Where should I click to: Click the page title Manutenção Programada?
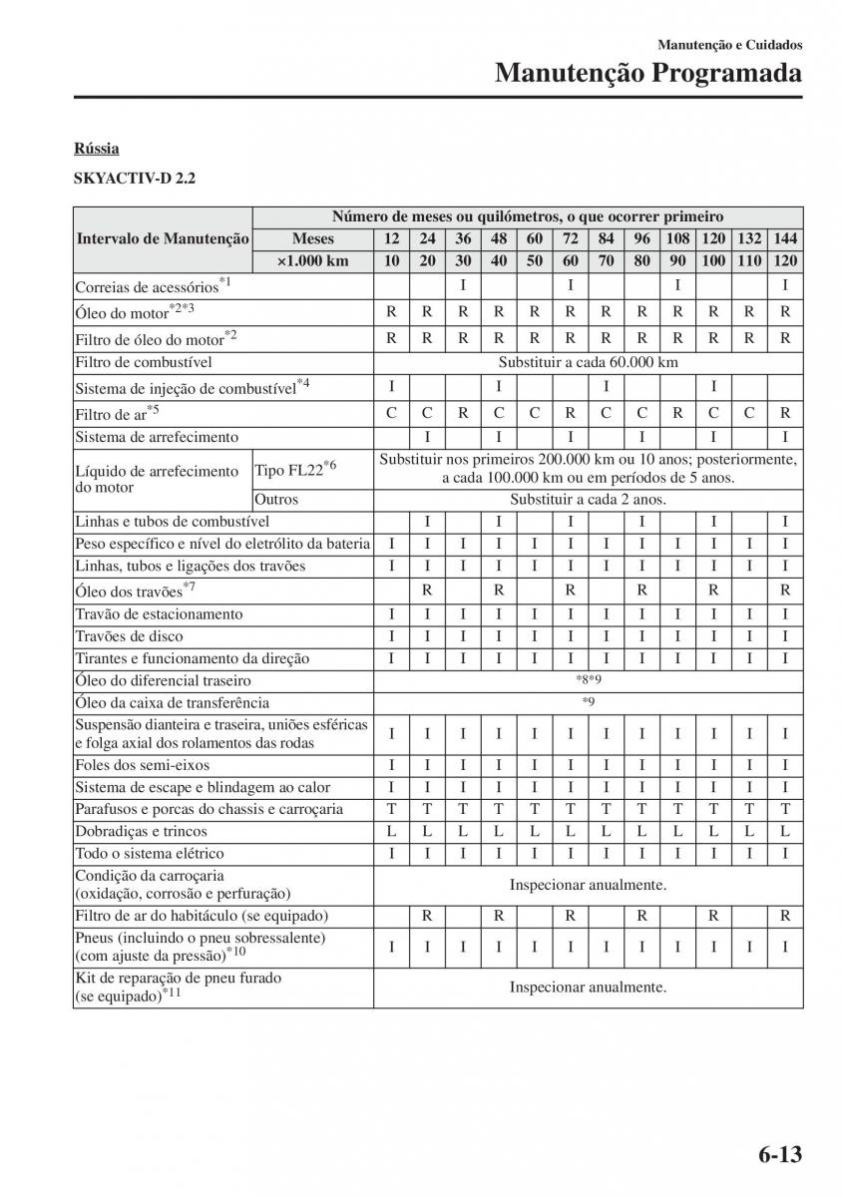point(648,73)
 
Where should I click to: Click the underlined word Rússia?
point(96,149)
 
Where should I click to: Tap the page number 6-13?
point(779,1155)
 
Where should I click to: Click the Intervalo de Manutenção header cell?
point(163,239)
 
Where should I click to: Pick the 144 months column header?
point(785,239)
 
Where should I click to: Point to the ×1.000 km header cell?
point(312,260)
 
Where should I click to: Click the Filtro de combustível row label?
point(144,362)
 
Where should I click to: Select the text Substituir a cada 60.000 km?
point(588,362)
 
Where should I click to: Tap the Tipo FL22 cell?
point(295,469)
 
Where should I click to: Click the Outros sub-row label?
point(276,500)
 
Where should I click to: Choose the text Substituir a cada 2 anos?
point(588,500)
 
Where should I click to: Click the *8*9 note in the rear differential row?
point(588,680)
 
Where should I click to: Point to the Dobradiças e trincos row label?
point(142,831)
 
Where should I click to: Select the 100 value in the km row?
point(713,260)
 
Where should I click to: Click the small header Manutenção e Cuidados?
point(729,45)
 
